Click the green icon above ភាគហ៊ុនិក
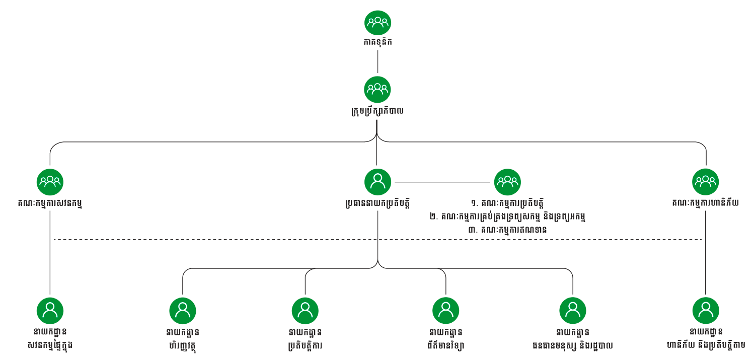click(377, 23)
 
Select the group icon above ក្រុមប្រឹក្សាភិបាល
click(377, 89)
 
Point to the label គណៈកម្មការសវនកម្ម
click(50, 203)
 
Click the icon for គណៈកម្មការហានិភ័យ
click(705, 182)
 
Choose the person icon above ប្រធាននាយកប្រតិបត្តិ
click(377, 182)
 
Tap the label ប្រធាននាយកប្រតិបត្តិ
click(377, 203)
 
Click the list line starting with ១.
click(507, 203)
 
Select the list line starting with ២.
click(507, 217)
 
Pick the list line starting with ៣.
click(507, 230)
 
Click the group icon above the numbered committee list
click(507, 182)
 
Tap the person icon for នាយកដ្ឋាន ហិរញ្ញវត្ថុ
click(182, 310)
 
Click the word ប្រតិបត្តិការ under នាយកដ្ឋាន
click(305, 346)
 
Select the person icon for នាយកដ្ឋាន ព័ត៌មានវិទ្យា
click(445, 310)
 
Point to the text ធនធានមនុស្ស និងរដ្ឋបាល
click(572, 346)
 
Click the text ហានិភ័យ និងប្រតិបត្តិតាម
click(705, 346)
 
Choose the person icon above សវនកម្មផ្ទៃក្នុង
click(50, 310)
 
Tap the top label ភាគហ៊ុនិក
click(377, 42)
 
